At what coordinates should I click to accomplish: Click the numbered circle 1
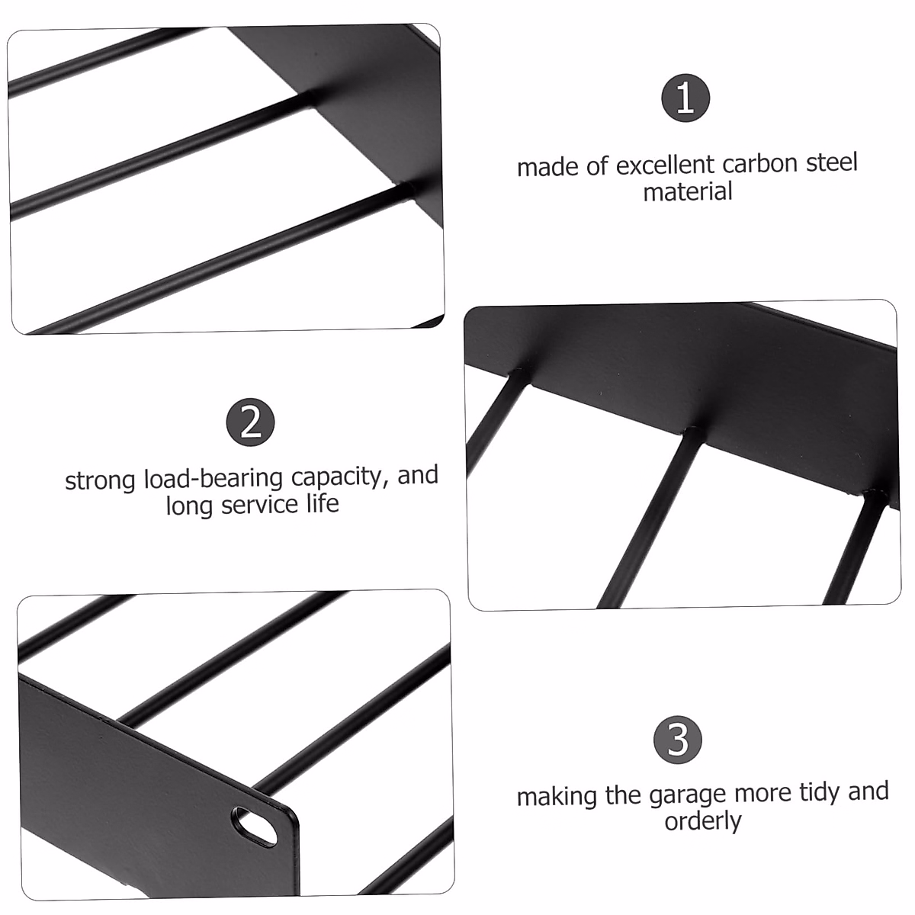click(685, 98)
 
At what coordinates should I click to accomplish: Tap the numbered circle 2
click(251, 422)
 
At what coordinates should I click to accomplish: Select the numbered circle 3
click(678, 740)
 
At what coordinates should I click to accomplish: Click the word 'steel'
click(832, 162)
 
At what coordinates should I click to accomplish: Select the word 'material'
click(688, 191)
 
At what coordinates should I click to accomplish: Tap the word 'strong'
click(101, 480)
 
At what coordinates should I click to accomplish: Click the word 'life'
click(322, 503)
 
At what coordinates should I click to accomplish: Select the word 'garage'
click(689, 795)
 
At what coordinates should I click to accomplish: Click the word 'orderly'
click(703, 821)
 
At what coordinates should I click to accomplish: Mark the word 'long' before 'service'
click(191, 506)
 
